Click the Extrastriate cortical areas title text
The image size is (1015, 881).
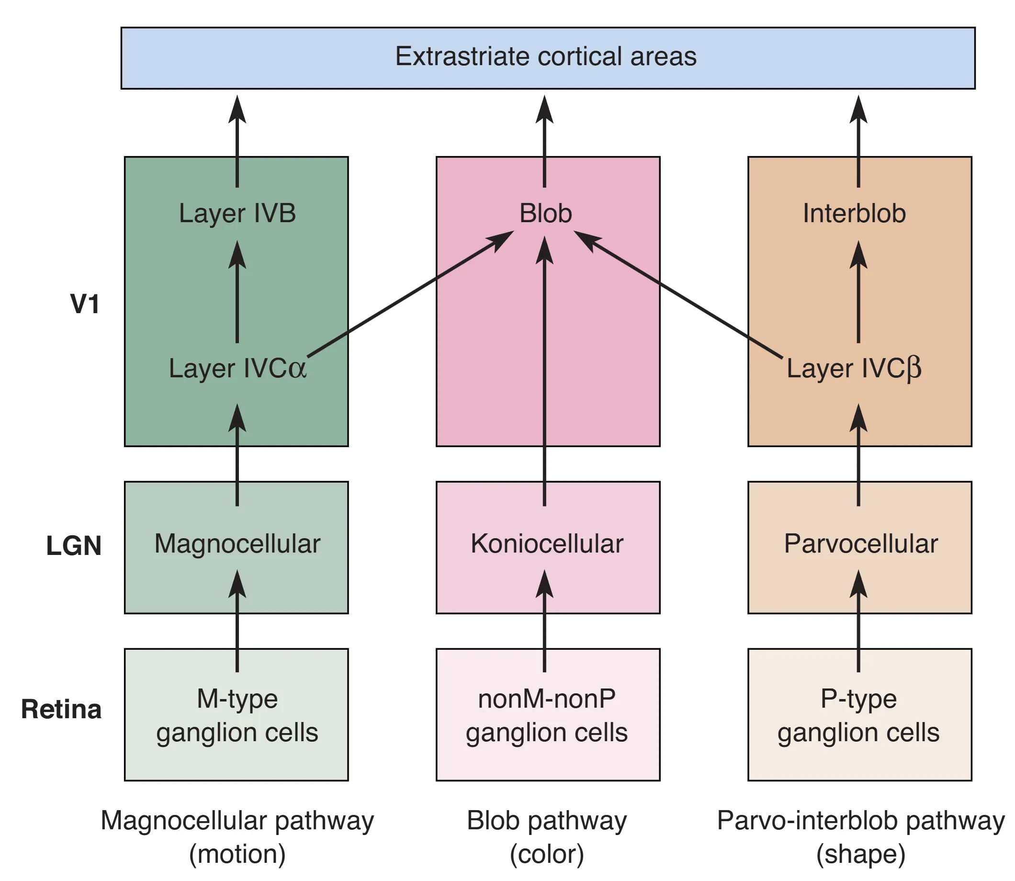coord(546,56)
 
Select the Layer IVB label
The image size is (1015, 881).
coord(237,214)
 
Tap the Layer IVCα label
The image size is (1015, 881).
coord(237,368)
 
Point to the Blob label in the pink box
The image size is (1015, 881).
coord(546,214)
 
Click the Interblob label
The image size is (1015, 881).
coord(854,214)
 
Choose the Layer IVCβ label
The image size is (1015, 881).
coord(854,368)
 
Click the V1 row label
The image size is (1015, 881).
coord(85,304)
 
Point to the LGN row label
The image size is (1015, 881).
coord(74,546)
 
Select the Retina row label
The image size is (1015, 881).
coord(61,710)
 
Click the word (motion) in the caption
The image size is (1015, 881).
coord(237,855)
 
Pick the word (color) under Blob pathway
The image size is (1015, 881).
coord(547,855)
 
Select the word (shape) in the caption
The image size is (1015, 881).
coord(861,855)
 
